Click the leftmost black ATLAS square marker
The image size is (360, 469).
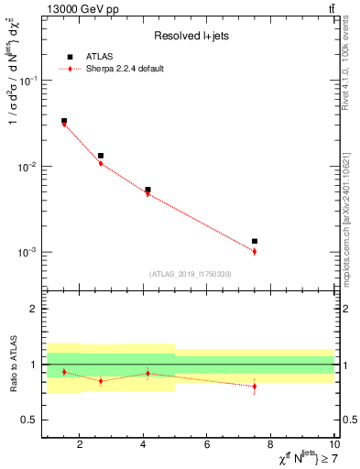pyautogui.click(x=63, y=121)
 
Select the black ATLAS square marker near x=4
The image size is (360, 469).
pyautogui.click(x=147, y=190)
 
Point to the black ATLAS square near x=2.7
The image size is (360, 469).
pyautogui.click(x=101, y=156)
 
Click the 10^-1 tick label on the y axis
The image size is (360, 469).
pyautogui.click(x=29, y=82)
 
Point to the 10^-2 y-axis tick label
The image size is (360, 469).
pyautogui.click(x=29, y=167)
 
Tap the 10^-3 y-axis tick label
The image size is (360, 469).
pyautogui.click(x=29, y=252)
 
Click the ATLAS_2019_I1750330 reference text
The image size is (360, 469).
pyautogui.click(x=190, y=274)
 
